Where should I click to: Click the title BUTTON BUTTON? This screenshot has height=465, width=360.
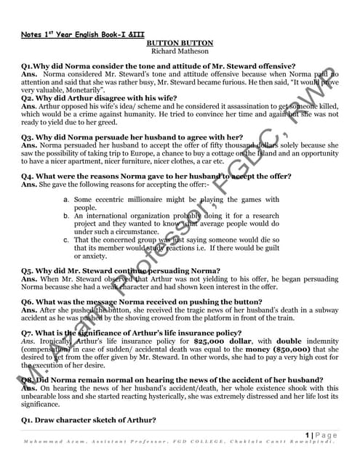pyautogui.click(x=180, y=43)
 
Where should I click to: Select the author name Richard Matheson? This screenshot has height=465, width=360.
pyautogui.click(x=180, y=51)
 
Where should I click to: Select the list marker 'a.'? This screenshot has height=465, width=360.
pyautogui.click(x=66, y=199)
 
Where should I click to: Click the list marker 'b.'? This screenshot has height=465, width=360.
pyautogui.click(x=66, y=216)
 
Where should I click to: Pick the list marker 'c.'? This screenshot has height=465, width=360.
pyautogui.click(x=66, y=239)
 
